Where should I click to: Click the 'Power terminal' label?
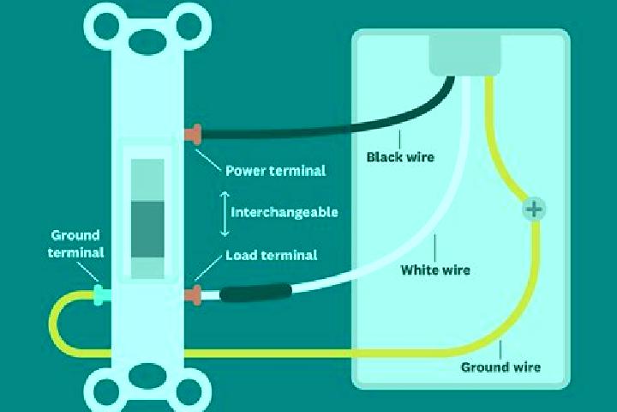(275, 171)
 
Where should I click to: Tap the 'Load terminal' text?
(271, 255)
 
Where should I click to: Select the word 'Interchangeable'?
(285, 212)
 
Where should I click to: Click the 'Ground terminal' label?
(75, 244)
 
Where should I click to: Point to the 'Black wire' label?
(400, 157)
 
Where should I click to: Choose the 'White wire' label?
(435, 270)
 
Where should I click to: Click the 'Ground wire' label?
(500, 367)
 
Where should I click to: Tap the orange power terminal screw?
(193, 134)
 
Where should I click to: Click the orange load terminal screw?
(193, 295)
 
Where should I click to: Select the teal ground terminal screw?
(101, 295)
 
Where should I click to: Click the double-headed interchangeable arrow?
(225, 214)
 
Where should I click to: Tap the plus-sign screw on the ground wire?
(534, 209)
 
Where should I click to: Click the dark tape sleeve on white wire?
(255, 294)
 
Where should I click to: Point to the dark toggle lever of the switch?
(147, 229)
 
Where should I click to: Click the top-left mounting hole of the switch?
(106, 26)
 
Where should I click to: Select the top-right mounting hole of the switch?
(189, 26)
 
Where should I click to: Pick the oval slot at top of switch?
(147, 42)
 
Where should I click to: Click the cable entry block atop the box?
(464, 55)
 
